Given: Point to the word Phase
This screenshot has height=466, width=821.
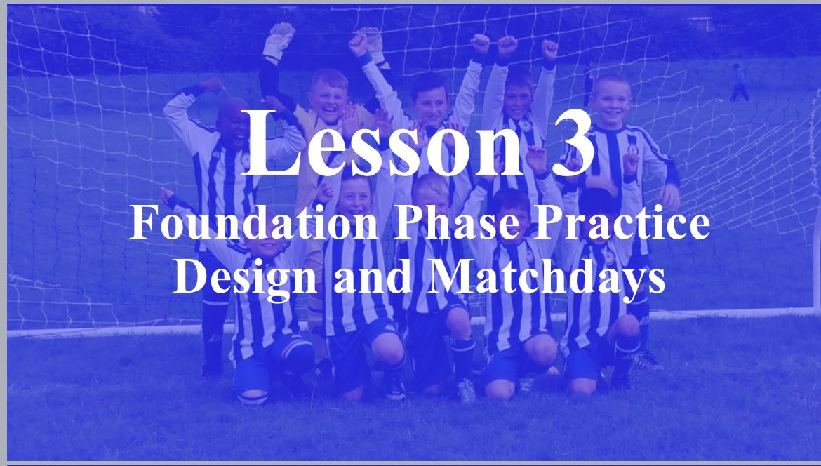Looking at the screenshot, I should click(440, 225).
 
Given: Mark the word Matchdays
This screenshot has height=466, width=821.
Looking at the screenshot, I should click(547, 277).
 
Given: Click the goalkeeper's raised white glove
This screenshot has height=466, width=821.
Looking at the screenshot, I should click(279, 41).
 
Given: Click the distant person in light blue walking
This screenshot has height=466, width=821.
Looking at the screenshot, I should click(739, 83).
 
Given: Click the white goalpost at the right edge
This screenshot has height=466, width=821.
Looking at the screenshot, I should click(814, 211).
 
